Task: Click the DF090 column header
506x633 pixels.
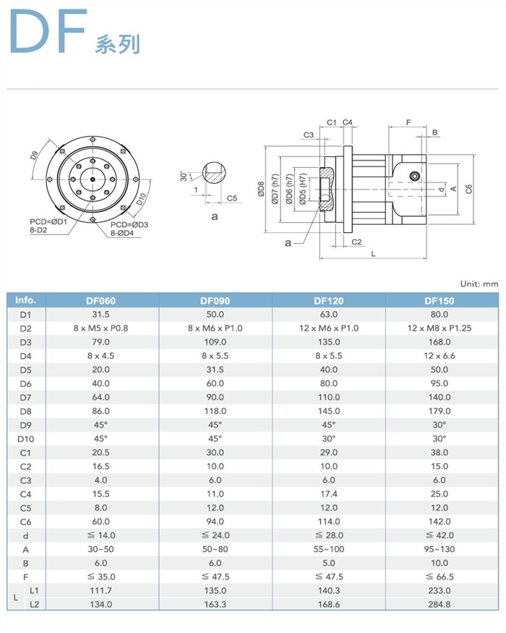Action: point(215,300)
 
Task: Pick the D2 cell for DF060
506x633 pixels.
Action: point(101,328)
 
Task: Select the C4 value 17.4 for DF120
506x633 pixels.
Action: point(328,493)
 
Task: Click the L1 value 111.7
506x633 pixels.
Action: point(101,590)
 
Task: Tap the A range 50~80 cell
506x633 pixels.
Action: point(215,549)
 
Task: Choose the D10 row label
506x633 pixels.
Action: point(25,438)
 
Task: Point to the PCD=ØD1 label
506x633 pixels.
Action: point(48,221)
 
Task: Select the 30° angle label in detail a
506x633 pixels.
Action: point(184,176)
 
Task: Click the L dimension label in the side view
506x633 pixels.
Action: point(373,255)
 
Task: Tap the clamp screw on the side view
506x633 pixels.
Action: point(415,177)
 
